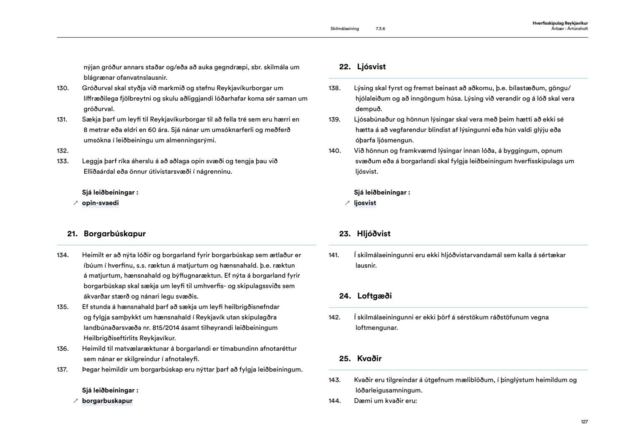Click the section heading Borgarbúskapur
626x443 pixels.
click(x=114, y=234)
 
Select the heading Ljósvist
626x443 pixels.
click(x=371, y=67)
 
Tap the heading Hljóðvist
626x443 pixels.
click(x=374, y=234)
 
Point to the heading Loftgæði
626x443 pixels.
click(x=374, y=296)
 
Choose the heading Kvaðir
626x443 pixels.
click(x=369, y=359)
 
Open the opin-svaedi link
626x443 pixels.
click(x=100, y=203)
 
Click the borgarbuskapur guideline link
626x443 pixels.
click(x=107, y=401)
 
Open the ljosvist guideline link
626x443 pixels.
click(x=365, y=203)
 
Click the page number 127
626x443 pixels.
click(x=584, y=422)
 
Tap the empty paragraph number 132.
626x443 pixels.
click(x=63, y=151)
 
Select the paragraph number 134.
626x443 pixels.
click(x=63, y=255)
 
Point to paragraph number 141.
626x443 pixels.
click(x=334, y=255)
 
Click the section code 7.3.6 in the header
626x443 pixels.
click(x=380, y=29)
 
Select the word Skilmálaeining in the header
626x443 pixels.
click(x=344, y=29)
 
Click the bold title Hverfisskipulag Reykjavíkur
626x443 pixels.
click(x=560, y=23)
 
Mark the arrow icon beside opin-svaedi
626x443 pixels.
click(x=76, y=203)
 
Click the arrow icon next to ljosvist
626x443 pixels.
click(x=347, y=203)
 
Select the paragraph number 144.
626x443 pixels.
click(x=335, y=401)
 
